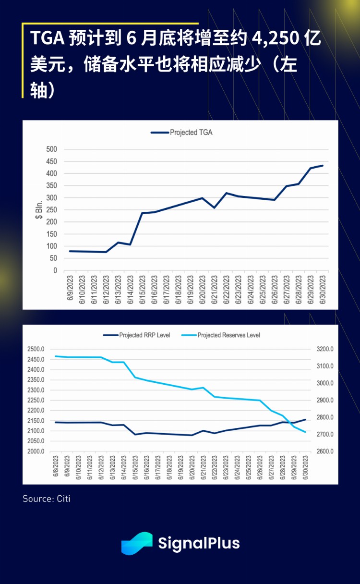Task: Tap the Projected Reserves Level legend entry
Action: click(x=228, y=335)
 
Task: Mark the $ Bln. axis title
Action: click(x=39, y=210)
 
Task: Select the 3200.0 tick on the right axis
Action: click(x=324, y=349)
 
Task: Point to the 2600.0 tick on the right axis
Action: click(x=324, y=451)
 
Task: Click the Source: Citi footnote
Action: click(x=47, y=499)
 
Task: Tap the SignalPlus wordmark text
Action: click(x=199, y=543)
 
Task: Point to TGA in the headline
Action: click(x=48, y=38)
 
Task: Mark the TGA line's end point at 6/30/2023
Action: click(x=323, y=166)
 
